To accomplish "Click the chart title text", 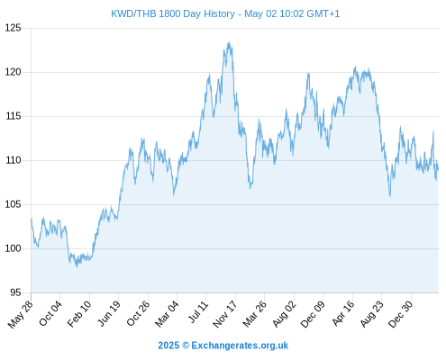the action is (x=225, y=13).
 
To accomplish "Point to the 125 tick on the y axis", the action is (x=14, y=28).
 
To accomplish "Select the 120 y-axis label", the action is (x=14, y=72).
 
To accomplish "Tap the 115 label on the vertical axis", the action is (x=14, y=116).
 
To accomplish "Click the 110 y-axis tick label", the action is (x=14, y=160).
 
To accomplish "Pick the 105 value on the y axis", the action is (x=14, y=204).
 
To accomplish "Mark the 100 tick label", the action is (x=14, y=248).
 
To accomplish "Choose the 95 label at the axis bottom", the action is (x=15, y=292).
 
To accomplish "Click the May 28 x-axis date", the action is (x=21, y=314).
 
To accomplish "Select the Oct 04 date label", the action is (x=50, y=313).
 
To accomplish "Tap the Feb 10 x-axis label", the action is (x=79, y=313).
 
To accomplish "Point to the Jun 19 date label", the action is (x=109, y=313).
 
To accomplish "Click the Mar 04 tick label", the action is (x=167, y=313).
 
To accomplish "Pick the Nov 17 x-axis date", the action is (x=225, y=314).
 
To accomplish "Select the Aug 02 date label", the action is (x=284, y=314).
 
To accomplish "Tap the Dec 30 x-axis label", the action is (x=400, y=314).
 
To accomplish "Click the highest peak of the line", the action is (x=229, y=42).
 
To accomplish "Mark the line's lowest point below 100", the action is (x=77, y=266).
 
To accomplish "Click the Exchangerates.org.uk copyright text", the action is (x=223, y=346).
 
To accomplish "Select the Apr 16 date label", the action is (x=343, y=313).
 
